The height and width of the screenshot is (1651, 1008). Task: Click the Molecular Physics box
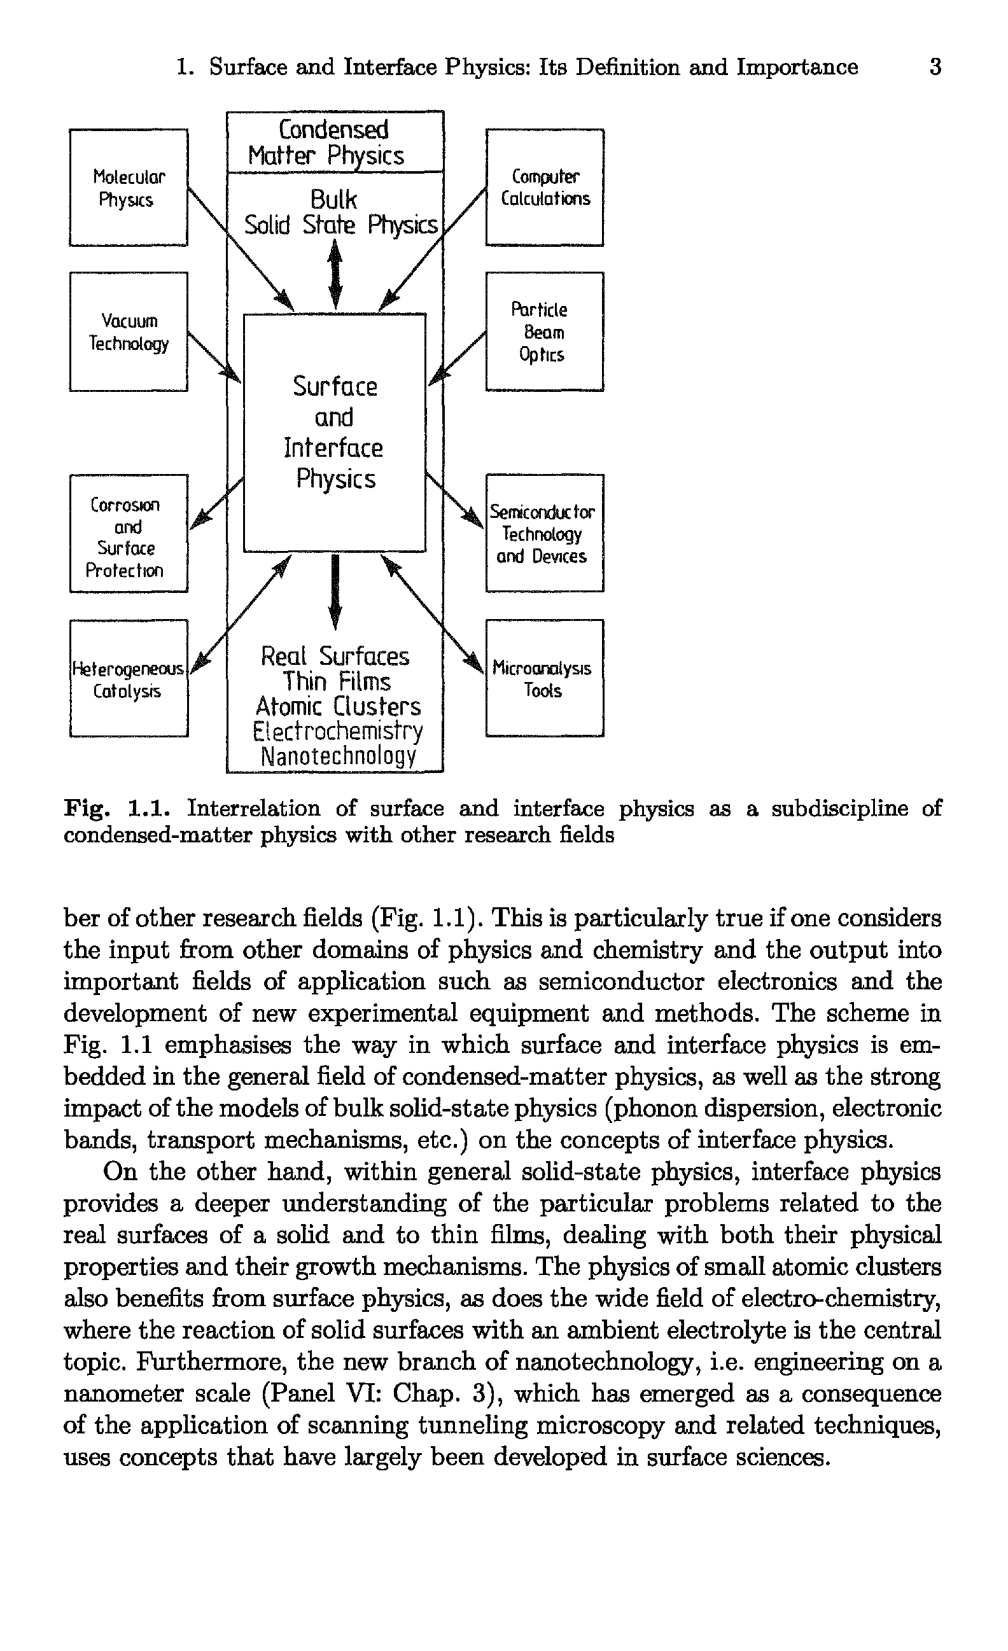[x=128, y=188]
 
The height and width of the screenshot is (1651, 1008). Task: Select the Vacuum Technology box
[x=128, y=331]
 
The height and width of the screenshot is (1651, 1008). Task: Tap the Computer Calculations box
[x=544, y=188]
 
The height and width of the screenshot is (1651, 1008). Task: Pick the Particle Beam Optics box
[x=544, y=331]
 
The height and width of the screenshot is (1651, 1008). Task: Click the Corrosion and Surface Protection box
[x=128, y=533]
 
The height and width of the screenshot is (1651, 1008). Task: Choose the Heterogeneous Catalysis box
[x=128, y=678]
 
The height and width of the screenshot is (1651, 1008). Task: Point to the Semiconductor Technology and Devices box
[x=544, y=533]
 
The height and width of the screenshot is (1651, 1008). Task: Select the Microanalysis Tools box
[x=544, y=678]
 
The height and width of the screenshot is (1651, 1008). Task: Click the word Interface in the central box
[x=333, y=449]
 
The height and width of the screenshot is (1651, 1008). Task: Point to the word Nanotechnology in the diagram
[x=339, y=756]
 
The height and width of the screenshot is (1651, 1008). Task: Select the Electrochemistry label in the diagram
[x=339, y=731]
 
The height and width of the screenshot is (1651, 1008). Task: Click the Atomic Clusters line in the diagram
[x=339, y=706]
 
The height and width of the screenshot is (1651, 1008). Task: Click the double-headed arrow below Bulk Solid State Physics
[x=336, y=275]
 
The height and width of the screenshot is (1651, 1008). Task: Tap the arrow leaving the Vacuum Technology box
[x=213, y=356]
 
